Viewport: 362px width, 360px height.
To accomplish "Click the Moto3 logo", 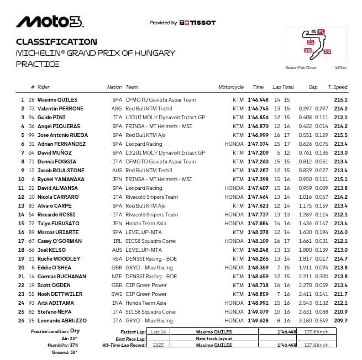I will pos(50,22).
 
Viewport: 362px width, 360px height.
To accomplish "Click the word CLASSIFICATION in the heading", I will pos(56,41).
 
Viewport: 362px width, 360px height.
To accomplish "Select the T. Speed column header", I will pos(337,87).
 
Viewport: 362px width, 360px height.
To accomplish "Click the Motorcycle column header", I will pos(230,87).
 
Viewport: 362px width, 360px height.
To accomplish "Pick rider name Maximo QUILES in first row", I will pos(57,100).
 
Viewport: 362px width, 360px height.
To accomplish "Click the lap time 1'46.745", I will pos(257,109).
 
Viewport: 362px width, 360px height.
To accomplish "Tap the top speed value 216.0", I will pos(340,232).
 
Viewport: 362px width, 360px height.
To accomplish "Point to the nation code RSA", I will pos(117,259).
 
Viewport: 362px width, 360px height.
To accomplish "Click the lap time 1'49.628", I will pos(257,321).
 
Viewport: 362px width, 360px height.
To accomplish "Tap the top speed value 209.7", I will pos(340,321).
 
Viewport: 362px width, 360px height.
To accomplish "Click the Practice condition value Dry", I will pos(75,331).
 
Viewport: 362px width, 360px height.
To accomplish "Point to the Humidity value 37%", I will pos(74,345).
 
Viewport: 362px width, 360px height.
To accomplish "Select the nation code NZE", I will pos(117,277).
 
